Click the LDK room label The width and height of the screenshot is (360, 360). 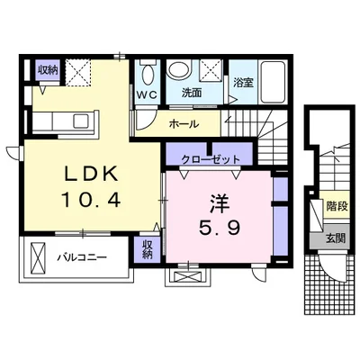91,174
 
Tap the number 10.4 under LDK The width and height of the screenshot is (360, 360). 91,200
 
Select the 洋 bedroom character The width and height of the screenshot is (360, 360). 220,204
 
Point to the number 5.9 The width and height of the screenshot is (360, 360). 220,229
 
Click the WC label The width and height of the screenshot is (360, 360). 147,94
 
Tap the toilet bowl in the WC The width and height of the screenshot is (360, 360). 148,75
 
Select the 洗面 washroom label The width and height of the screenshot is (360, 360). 192,94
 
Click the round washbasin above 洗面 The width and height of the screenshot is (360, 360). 179,69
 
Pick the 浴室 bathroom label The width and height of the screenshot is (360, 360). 244,83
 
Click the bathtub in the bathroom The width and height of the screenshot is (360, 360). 273,82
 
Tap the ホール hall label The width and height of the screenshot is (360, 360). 184,123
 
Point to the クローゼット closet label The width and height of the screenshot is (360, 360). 211,158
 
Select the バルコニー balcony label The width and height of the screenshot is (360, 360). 82,257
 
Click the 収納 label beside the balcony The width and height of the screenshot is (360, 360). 147,249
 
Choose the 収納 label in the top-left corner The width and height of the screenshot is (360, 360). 48,70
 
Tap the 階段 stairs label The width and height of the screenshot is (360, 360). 337,206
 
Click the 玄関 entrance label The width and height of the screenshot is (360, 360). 336,238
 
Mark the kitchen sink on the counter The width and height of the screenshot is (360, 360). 80,121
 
